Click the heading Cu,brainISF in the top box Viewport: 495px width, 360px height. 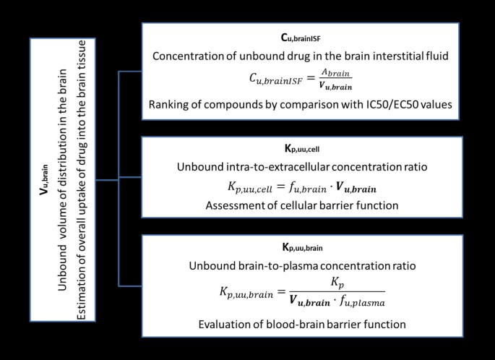pyautogui.click(x=300, y=35)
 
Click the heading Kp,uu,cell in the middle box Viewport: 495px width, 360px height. pyautogui.click(x=301, y=150)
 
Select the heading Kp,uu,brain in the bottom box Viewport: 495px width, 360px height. pyautogui.click(x=301, y=247)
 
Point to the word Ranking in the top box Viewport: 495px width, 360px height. pyautogui.click(x=171, y=106)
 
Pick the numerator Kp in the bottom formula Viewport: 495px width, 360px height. pyautogui.click(x=331, y=283)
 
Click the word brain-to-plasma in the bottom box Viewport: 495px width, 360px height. pyautogui.click(x=291, y=265)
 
